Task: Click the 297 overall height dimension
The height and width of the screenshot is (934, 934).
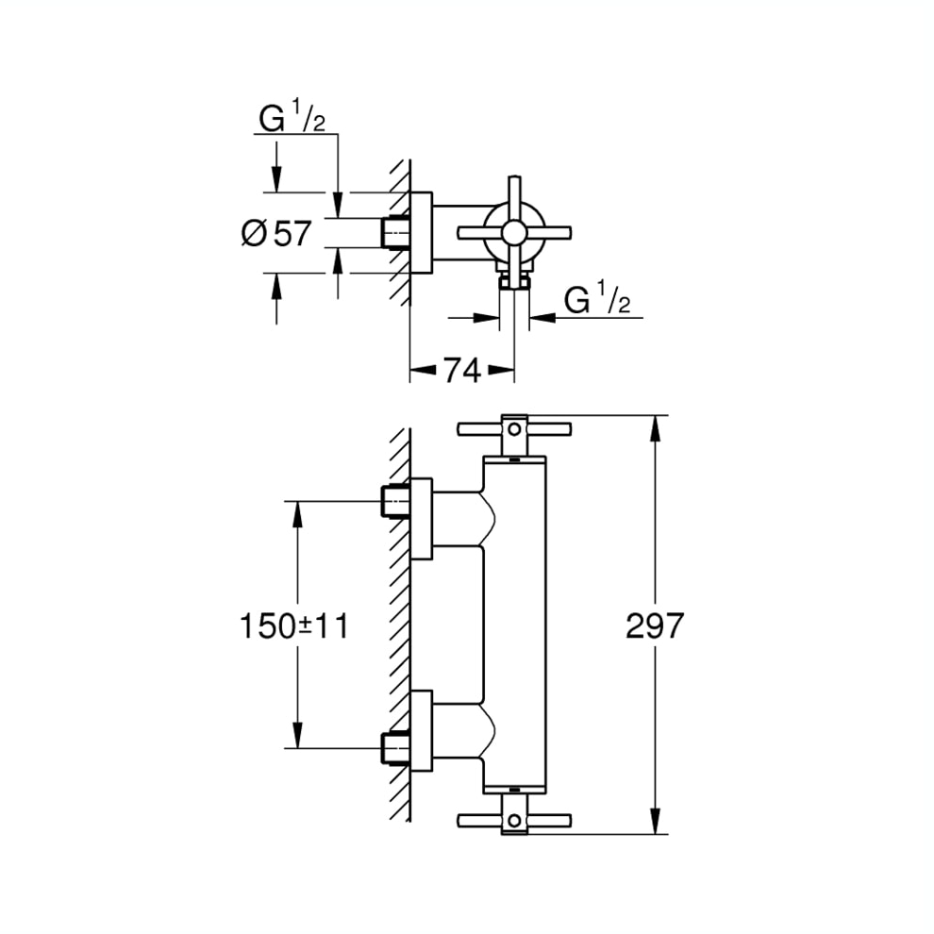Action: [655, 625]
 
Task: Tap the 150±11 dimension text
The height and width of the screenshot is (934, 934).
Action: [293, 626]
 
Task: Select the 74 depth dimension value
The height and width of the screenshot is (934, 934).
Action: [463, 371]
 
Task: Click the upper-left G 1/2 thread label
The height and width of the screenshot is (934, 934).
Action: [292, 117]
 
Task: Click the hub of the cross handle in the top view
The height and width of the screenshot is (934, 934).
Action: [513, 232]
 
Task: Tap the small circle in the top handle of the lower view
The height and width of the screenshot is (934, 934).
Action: [514, 429]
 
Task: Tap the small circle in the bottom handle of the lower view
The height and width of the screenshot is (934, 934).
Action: [514, 820]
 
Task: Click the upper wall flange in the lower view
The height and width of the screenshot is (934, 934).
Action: [421, 518]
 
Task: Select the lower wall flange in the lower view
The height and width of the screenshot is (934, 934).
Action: [421, 731]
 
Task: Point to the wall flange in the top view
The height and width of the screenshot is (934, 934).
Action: [421, 232]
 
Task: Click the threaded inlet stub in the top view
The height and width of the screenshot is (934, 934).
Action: [395, 232]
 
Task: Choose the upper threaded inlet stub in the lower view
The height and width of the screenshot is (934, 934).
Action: [395, 501]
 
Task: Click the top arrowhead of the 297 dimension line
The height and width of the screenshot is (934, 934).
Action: [655, 428]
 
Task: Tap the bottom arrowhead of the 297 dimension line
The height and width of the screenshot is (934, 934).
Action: [655, 821]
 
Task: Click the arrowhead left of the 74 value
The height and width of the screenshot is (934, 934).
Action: [423, 371]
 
